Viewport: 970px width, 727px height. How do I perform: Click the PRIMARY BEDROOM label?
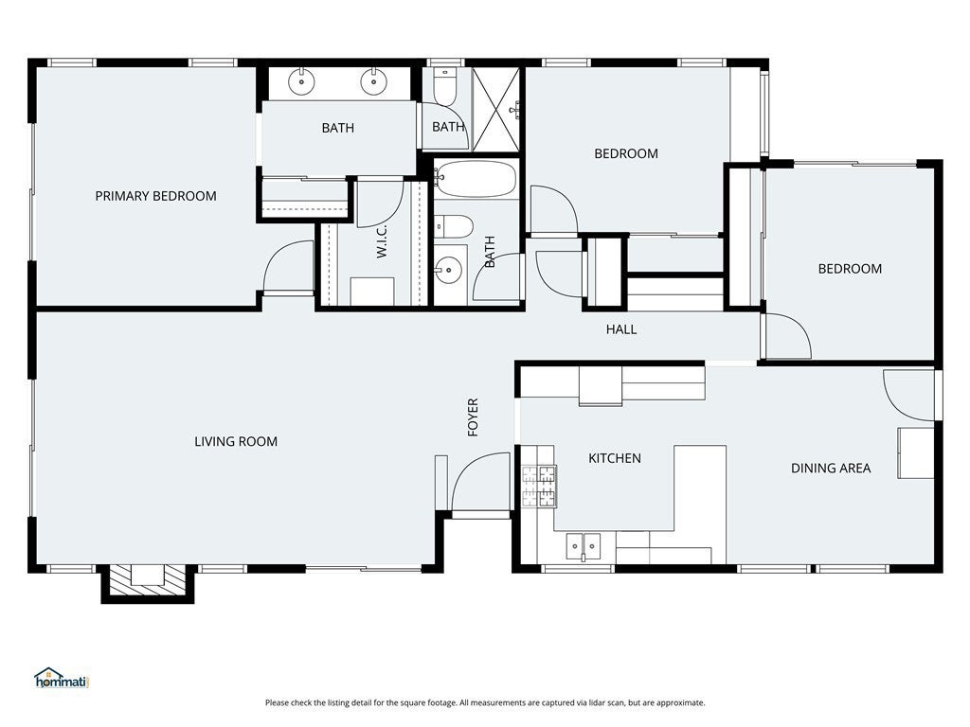(156, 196)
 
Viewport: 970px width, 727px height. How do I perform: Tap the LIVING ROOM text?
(236, 441)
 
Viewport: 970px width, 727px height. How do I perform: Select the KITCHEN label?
(614, 458)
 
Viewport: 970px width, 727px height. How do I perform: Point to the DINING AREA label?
(831, 468)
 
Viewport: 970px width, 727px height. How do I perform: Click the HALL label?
(621, 329)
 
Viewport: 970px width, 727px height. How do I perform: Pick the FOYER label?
(474, 417)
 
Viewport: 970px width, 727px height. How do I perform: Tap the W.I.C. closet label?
(382, 241)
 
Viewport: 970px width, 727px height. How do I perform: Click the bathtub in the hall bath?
(476, 179)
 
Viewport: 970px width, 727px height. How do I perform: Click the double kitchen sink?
(584, 547)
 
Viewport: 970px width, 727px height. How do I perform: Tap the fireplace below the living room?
(148, 582)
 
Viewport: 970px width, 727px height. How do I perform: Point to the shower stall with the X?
(495, 109)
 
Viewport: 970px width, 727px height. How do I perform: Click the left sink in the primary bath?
(301, 81)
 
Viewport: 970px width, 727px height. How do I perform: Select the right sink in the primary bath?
(373, 81)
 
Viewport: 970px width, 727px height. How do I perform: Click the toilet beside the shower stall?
(444, 86)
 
